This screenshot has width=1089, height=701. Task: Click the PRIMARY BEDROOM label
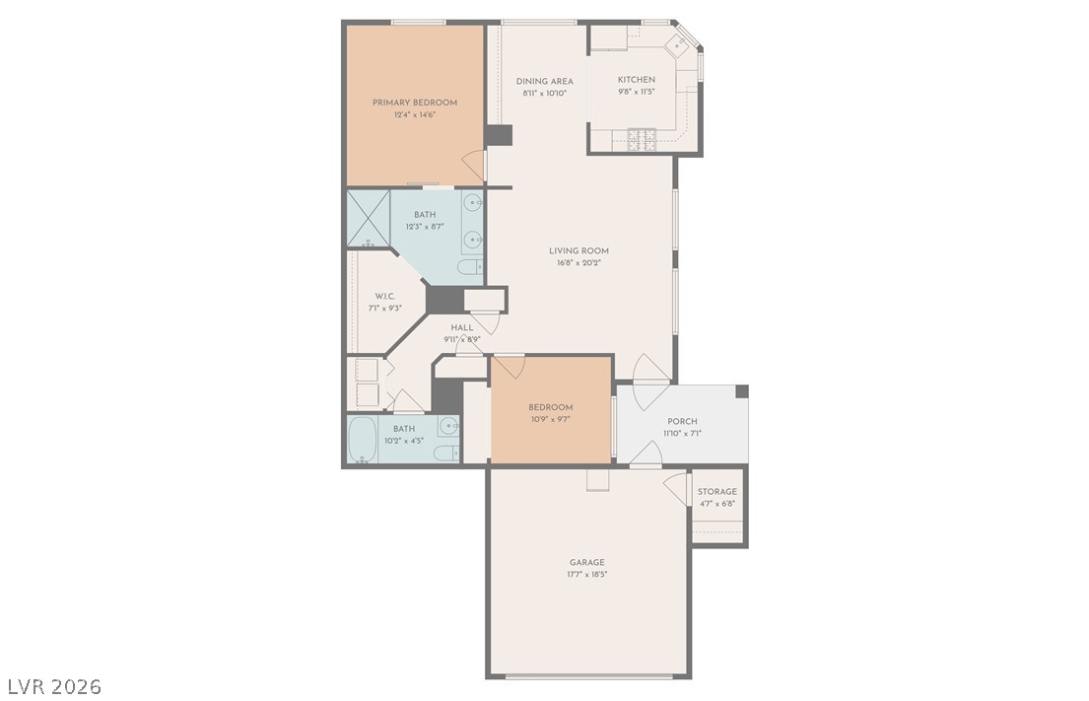click(x=414, y=103)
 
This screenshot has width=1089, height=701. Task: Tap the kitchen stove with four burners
click(x=642, y=139)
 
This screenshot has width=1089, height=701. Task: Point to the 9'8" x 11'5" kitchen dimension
click(x=636, y=93)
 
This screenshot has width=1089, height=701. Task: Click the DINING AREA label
click(x=544, y=81)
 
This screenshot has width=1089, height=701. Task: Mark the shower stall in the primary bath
click(x=369, y=219)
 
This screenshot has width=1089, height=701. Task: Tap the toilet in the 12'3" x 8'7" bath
click(x=470, y=266)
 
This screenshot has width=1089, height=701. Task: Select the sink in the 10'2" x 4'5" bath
click(x=448, y=427)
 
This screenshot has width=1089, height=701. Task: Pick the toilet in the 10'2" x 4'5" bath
click(x=445, y=454)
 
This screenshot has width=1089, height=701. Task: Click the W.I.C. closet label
click(x=385, y=296)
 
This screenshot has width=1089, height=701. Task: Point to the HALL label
click(x=461, y=327)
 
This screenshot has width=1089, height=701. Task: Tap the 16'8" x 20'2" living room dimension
click(x=579, y=263)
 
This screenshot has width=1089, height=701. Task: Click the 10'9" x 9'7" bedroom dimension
click(x=550, y=419)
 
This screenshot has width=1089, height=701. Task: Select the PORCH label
click(x=682, y=421)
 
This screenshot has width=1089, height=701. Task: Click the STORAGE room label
click(x=716, y=492)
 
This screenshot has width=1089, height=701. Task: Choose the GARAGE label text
click(x=586, y=562)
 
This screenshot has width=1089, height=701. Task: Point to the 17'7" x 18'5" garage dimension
click(x=586, y=574)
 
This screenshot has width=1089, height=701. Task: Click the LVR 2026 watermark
click(x=53, y=685)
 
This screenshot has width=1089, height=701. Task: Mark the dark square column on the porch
click(x=742, y=391)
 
